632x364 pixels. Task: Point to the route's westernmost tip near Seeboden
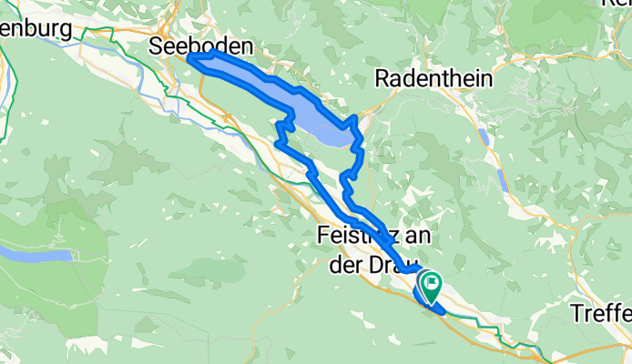pos(189,58)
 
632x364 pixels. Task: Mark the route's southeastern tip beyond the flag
pos(443,311)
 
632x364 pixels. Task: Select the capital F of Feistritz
pos(324,234)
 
